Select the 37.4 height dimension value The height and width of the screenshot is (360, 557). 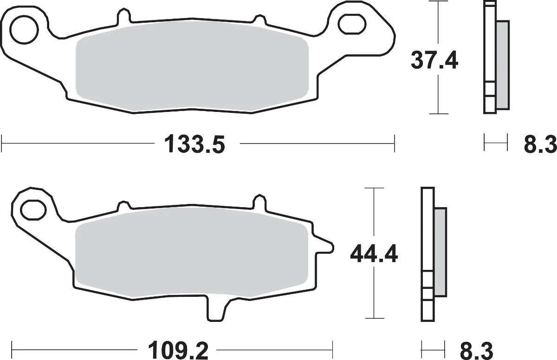[434, 60]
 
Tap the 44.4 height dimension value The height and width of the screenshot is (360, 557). [374, 254]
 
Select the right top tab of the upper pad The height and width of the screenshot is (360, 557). [258, 17]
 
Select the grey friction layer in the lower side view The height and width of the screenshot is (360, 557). [440, 251]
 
